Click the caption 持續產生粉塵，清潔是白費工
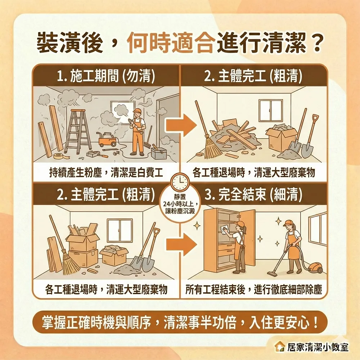coord(106,173)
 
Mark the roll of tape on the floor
coord(58,156)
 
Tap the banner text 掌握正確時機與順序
coord(101,321)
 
